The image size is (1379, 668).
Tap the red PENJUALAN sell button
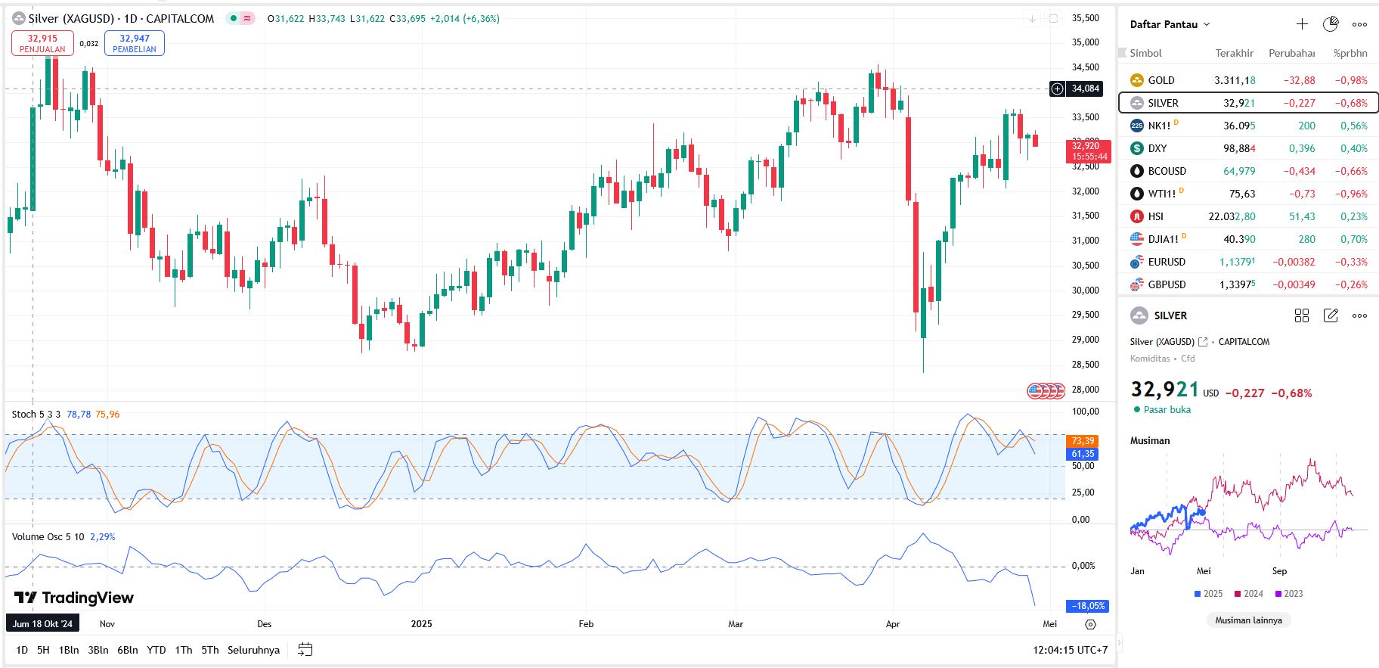click(42, 43)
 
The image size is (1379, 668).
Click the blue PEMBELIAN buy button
click(135, 43)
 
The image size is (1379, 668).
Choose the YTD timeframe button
click(156, 650)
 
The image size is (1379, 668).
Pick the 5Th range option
click(210, 650)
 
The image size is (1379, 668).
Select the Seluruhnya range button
click(253, 650)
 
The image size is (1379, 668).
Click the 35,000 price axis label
click(1085, 42)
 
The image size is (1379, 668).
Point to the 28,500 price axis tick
click(1085, 365)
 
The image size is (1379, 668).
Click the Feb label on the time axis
click(586, 624)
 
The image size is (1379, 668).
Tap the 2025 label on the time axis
click(421, 624)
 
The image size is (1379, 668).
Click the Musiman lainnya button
click(1248, 620)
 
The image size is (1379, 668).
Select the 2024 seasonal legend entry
click(1248, 594)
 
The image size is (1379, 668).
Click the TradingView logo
click(74, 598)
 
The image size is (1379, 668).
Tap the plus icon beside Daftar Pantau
click(1302, 24)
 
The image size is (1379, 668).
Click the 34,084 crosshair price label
click(1085, 89)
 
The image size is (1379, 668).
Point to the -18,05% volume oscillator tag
click(1087, 606)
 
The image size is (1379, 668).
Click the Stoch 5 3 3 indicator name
click(36, 415)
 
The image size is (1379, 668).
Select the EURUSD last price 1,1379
click(1237, 262)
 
